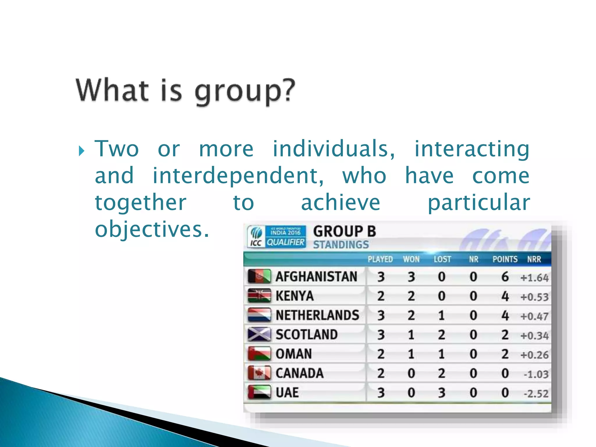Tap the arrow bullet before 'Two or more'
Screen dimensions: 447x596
[81, 151]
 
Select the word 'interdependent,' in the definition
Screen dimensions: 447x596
[238, 176]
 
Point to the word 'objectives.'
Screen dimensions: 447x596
[152, 229]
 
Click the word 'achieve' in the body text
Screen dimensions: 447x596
[340, 203]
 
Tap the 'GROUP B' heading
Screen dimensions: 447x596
[345, 232]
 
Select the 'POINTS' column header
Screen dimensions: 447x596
[505, 259]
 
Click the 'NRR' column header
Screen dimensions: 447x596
[534, 259]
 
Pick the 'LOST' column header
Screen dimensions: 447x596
[442, 259]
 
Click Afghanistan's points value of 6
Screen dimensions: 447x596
[505, 276]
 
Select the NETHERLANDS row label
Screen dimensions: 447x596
[317, 315]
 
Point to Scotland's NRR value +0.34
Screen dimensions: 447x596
[534, 336]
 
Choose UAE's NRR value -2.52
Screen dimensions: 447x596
[536, 393]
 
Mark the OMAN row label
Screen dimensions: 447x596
[294, 354]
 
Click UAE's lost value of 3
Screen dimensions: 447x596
[441, 393]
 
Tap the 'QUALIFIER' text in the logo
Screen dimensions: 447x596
[285, 242]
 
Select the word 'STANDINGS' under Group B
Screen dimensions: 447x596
[341, 245]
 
